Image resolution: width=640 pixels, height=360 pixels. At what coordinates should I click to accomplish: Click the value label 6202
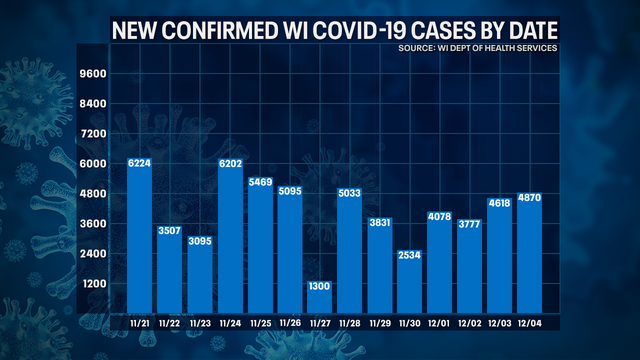tap(229, 165)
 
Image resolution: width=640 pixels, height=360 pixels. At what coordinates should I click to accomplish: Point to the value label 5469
tap(259, 183)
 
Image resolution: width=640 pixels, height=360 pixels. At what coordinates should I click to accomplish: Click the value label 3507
tap(169, 232)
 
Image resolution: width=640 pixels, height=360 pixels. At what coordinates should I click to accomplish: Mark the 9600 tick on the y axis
tap(91, 74)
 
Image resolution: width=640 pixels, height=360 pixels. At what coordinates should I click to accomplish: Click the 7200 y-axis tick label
tap(91, 134)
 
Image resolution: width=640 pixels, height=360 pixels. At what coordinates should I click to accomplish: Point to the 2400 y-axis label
tap(91, 254)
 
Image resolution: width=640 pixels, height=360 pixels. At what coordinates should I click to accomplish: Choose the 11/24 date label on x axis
tap(229, 323)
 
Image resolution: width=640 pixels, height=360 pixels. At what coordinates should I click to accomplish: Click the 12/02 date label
tap(469, 323)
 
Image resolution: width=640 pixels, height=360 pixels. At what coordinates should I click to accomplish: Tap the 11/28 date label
tap(349, 323)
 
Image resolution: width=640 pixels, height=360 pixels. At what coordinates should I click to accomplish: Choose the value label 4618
tap(499, 204)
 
